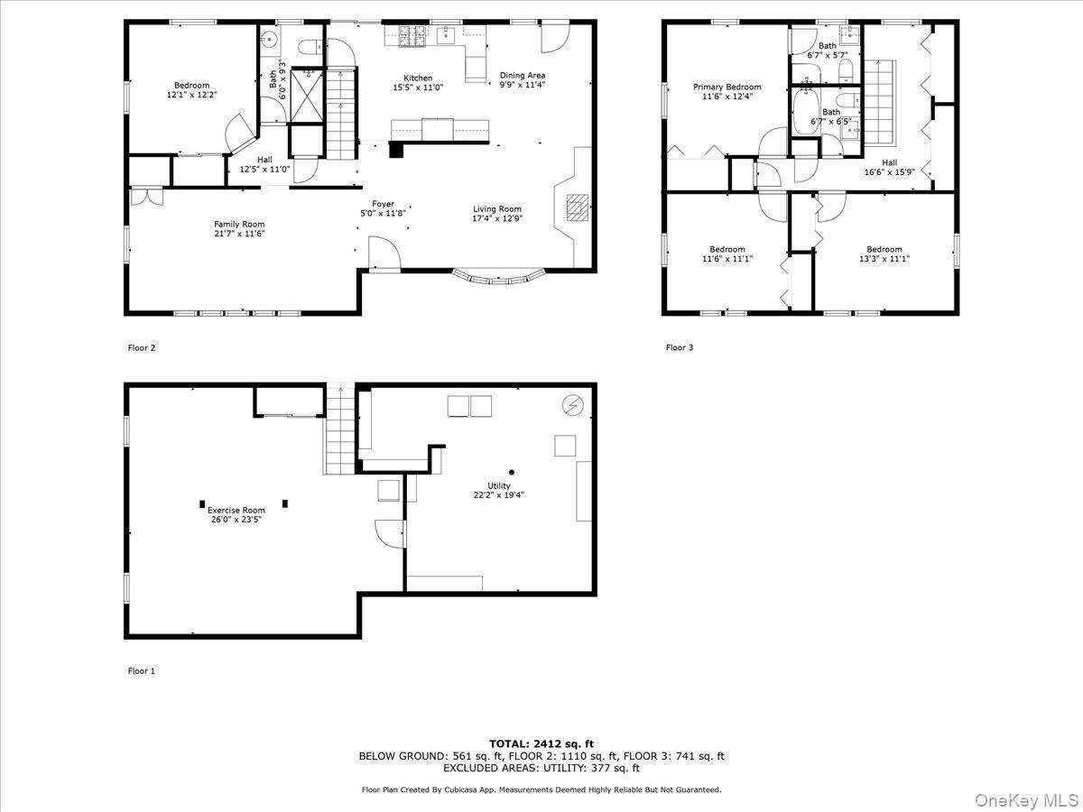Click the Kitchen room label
click(417, 78)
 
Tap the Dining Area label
click(523, 76)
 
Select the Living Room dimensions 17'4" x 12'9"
click(497, 218)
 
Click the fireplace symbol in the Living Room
click(575, 208)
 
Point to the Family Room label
click(239, 224)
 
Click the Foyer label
click(384, 204)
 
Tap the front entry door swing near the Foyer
click(382, 252)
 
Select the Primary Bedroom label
click(727, 88)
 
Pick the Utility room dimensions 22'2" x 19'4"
click(499, 494)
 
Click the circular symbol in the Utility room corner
click(571, 405)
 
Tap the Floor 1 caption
click(141, 671)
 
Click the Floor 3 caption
click(680, 347)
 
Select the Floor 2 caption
click(141, 347)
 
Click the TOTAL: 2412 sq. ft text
click(541, 743)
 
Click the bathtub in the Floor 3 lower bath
click(804, 113)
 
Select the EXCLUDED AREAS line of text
click(541, 769)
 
